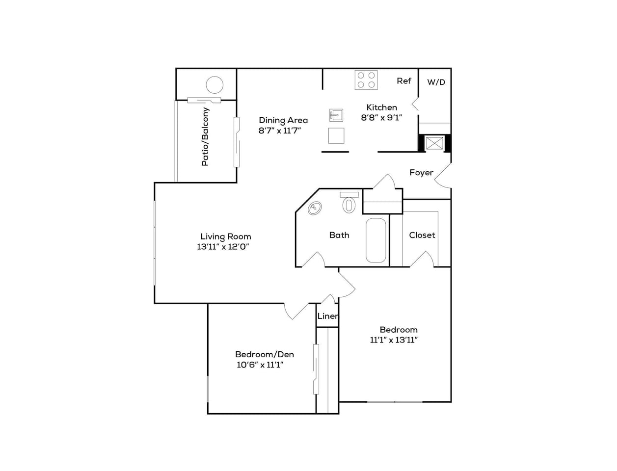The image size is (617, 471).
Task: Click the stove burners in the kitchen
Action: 366,80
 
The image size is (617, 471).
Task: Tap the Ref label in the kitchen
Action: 404,81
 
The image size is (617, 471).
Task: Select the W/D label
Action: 436,82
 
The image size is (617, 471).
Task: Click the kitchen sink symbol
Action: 336,115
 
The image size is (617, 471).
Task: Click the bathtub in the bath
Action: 376,240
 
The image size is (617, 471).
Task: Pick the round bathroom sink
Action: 315,209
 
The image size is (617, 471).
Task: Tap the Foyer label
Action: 421,173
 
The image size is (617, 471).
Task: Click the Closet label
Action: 422,235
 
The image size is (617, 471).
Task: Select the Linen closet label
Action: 327,316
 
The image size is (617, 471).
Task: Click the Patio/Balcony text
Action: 205,136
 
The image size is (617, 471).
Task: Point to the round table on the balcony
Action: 215,85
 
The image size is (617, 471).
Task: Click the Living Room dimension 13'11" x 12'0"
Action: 224,247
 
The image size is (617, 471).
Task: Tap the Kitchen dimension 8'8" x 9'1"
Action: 382,117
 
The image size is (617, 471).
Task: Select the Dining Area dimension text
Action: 280,131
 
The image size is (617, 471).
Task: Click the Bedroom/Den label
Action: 265,354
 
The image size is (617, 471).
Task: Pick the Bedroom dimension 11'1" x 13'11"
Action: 394,340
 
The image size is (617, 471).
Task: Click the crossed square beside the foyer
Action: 434,143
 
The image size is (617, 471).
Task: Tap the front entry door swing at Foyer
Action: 442,176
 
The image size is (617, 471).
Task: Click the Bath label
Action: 339,235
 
